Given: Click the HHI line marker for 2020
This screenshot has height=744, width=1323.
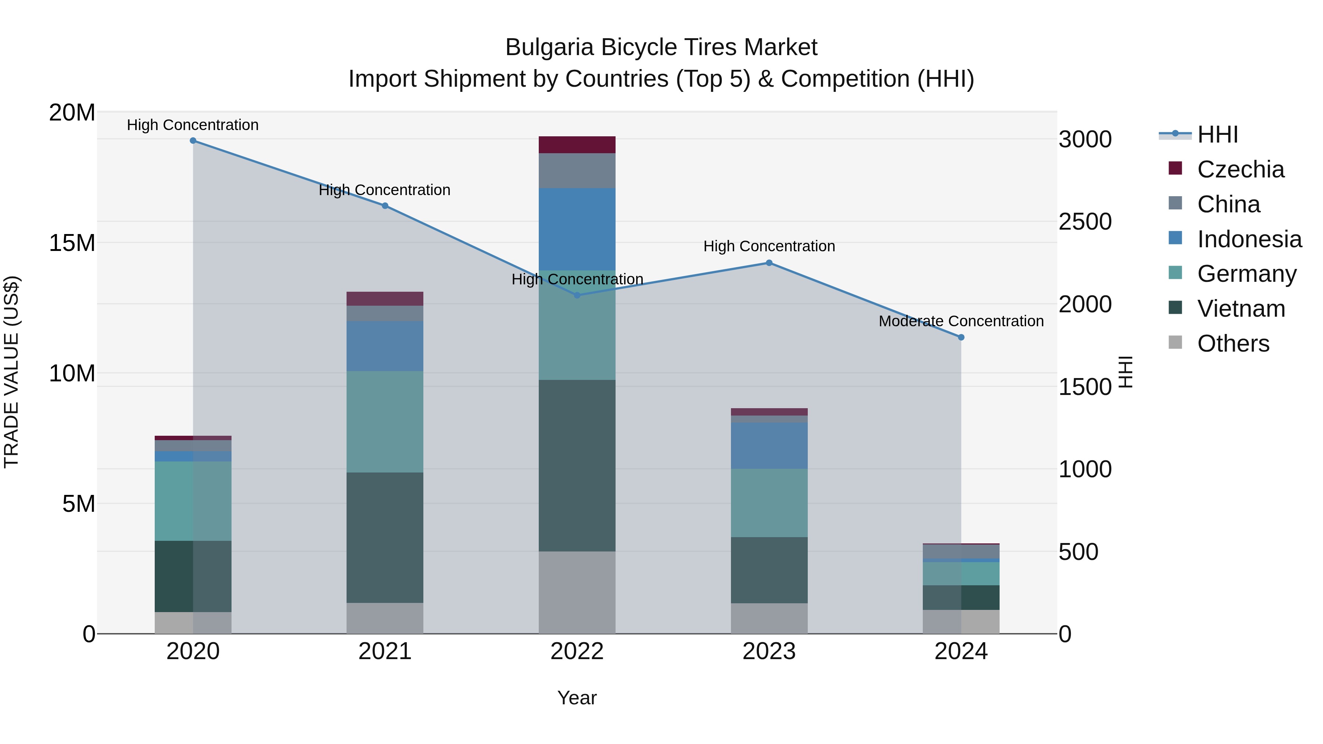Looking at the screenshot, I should pos(193,141).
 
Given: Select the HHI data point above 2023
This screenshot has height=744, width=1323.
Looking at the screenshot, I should pos(769,263).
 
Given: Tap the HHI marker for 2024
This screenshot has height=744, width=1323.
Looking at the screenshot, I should pos(961,337).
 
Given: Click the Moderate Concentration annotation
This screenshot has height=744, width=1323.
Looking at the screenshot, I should pos(961,321).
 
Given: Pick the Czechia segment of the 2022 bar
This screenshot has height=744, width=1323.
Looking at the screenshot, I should pos(577,145).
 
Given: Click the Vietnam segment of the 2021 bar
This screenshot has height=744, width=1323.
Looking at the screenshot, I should pos(385,537).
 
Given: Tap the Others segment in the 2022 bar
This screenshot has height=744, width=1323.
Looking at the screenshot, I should pos(577,593).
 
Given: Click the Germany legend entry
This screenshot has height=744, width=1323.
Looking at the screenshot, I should pos(1247,274).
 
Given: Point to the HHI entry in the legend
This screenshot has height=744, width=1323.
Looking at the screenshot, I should pos(1217,134).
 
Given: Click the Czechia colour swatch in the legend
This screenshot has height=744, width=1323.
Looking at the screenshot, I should pos(1175,168).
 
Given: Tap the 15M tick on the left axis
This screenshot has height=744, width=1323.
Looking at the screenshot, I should pos(72,243).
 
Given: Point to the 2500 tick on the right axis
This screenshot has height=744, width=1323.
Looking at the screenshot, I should pos(1085,222).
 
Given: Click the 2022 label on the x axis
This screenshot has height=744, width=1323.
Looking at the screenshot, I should pos(577,651).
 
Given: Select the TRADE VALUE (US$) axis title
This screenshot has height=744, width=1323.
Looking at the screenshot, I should pos(11,372).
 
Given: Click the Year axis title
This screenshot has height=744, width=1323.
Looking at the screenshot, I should pos(577,698).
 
